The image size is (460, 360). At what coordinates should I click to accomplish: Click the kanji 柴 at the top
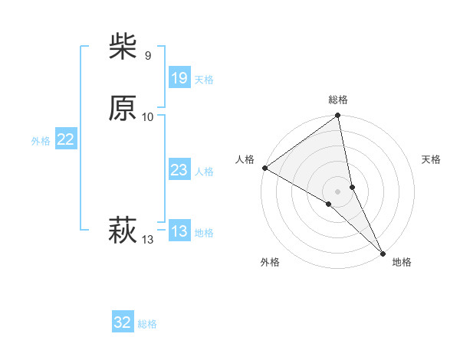[123, 47]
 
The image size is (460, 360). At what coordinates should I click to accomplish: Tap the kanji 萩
[123, 229]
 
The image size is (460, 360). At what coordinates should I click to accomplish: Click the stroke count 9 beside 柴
[147, 56]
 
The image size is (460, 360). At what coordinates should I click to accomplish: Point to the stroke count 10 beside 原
[148, 116]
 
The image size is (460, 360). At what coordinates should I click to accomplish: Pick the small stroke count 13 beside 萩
[147, 240]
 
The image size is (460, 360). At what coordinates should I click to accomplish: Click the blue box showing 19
[179, 78]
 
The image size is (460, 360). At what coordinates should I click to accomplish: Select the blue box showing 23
[179, 170]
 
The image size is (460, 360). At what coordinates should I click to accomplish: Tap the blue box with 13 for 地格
[179, 231]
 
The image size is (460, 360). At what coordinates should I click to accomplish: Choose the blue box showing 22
[65, 139]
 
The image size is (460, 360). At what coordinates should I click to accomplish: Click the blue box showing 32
[123, 322]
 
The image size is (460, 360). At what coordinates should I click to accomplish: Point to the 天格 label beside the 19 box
[204, 80]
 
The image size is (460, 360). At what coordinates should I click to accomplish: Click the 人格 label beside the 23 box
[204, 172]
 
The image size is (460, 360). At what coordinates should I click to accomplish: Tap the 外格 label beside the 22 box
[41, 141]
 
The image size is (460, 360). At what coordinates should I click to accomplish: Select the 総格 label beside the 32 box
[147, 324]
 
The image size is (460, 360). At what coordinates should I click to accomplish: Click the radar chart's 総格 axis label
[338, 100]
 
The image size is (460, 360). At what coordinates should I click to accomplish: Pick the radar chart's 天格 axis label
[431, 159]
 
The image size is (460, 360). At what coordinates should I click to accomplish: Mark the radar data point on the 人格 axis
[264, 168]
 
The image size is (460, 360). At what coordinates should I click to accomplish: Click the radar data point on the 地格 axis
[381, 251]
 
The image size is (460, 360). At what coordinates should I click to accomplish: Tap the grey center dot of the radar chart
[338, 191]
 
